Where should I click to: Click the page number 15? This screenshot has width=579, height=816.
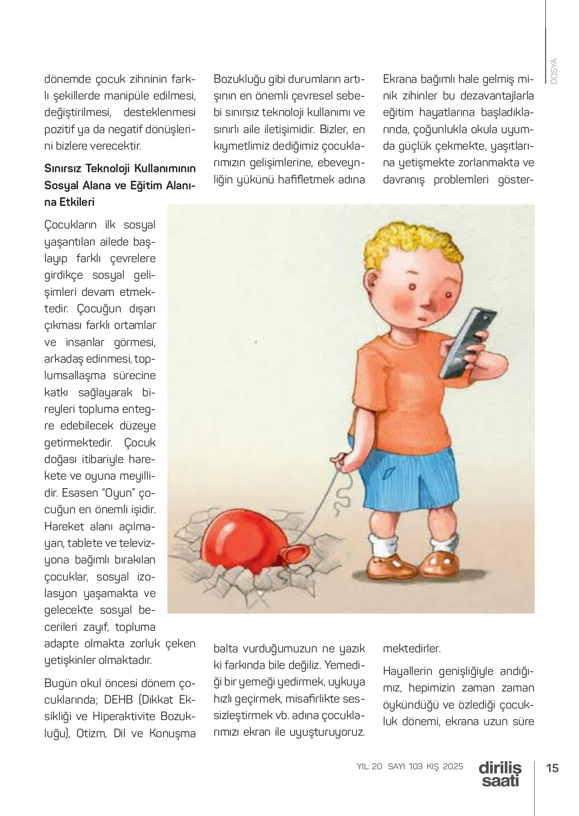[x=552, y=768]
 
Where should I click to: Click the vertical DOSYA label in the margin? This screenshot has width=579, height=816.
[x=554, y=72]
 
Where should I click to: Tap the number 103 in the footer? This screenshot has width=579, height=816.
[x=415, y=767]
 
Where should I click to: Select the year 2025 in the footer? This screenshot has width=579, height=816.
[x=453, y=767]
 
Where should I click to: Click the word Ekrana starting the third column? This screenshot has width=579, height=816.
[x=399, y=79]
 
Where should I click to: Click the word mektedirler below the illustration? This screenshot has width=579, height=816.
[x=412, y=648]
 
